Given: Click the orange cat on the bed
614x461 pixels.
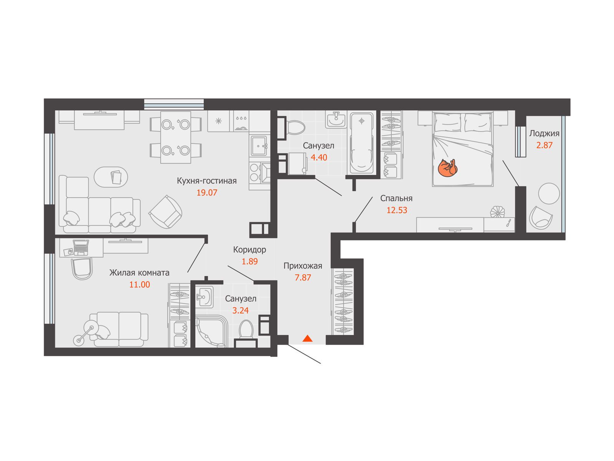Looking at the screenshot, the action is click(447, 167).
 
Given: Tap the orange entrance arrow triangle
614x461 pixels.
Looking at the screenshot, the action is click(307, 338).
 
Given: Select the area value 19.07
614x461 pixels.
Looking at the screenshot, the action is click(207, 192).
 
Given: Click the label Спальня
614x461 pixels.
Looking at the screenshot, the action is click(396, 198).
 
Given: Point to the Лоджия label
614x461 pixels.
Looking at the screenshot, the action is click(544, 134).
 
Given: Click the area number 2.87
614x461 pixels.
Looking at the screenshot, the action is click(544, 145).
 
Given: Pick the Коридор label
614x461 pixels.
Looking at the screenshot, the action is click(249, 249).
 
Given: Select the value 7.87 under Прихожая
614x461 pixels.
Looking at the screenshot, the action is click(303, 277).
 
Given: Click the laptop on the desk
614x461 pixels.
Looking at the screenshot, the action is click(81, 247).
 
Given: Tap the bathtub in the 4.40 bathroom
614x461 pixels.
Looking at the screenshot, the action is click(361, 143).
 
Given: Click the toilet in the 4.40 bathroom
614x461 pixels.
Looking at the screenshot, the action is click(295, 128).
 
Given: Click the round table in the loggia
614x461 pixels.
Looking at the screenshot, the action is click(549, 193).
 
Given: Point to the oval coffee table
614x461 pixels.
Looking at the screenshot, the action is click(111, 177).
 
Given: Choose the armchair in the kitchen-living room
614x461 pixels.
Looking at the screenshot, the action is click(165, 212).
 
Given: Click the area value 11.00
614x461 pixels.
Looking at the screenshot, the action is click(139, 284).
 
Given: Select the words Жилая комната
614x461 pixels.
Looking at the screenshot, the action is click(139, 273).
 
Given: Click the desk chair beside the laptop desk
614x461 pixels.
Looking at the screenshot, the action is click(82, 269).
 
